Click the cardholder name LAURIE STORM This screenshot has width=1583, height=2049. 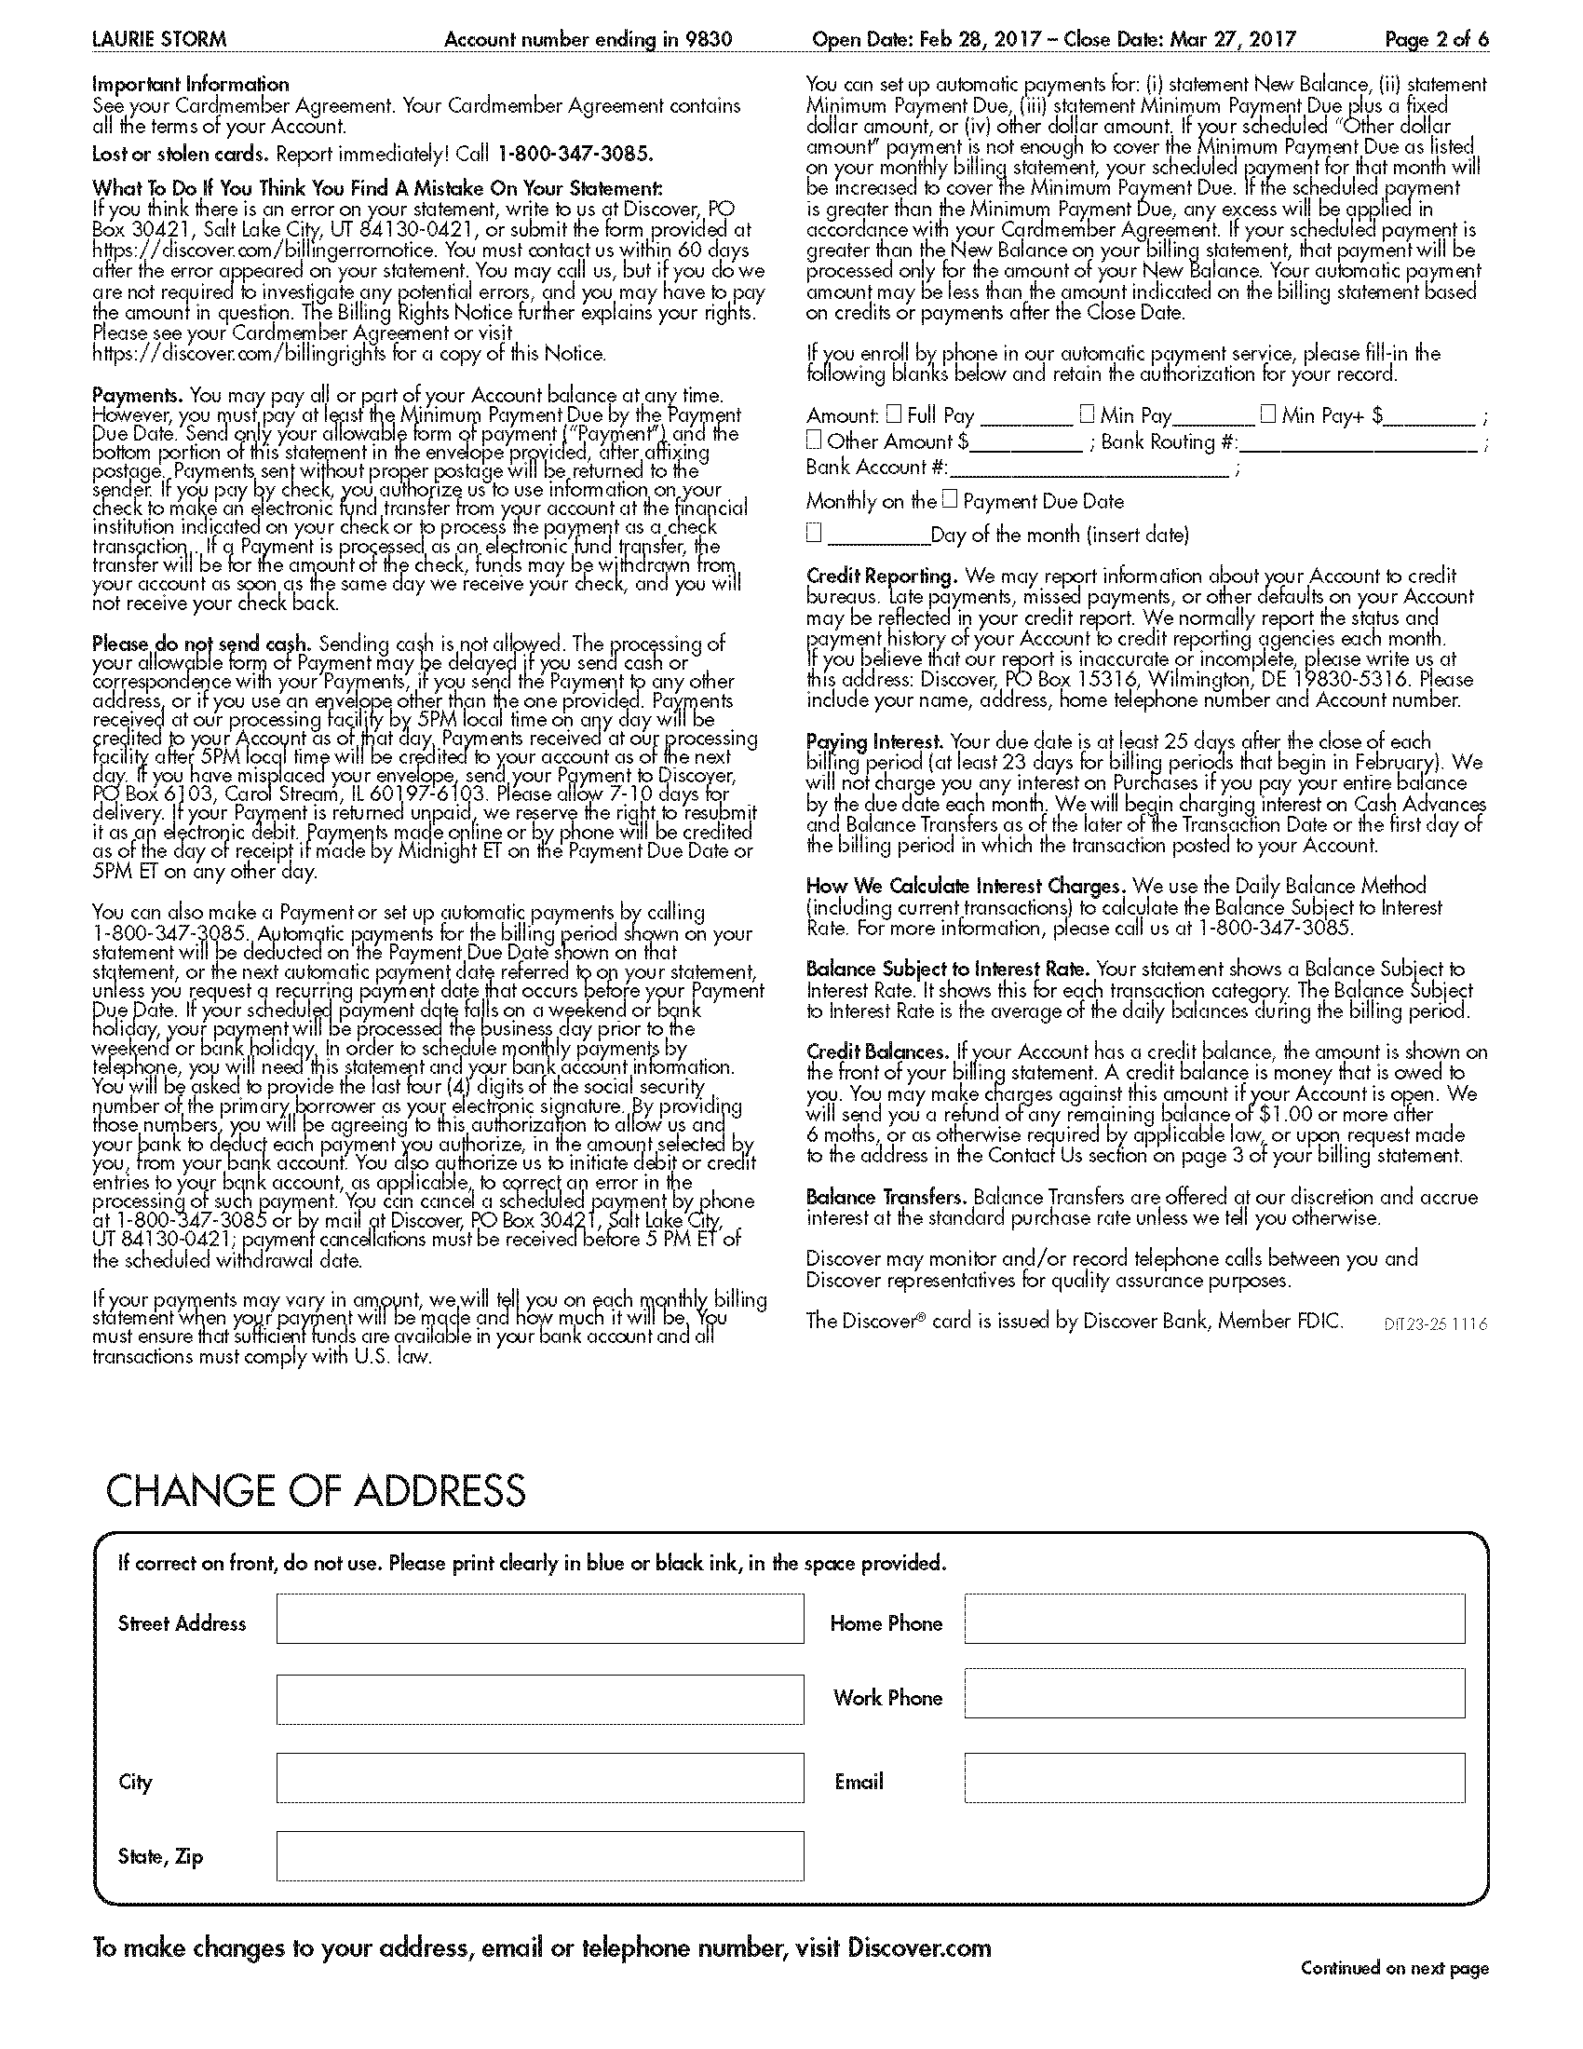158,39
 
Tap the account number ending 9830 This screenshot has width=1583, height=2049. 588,39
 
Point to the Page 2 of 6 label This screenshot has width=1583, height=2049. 1436,39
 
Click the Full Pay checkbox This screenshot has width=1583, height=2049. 894,413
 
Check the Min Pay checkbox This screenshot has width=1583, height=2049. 1087,413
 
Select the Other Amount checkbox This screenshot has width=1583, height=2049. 814,439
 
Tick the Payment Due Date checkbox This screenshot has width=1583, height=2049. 950,499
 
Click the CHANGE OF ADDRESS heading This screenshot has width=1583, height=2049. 316,1492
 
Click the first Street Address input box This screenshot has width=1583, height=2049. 539,1619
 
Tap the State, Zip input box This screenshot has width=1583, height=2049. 539,1855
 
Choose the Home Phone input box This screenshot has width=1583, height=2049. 1214,1619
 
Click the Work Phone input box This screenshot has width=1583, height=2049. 1214,1693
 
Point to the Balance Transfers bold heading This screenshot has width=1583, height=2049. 886,1197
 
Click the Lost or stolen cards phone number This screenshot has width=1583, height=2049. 574,154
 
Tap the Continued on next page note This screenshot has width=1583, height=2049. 1394,1968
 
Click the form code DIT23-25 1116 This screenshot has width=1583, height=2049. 1435,1324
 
